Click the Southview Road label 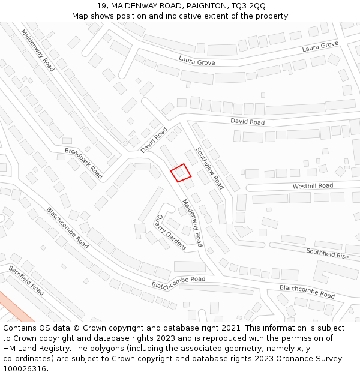(x=210, y=169)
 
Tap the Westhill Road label (x=313, y=186)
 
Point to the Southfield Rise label (x=327, y=253)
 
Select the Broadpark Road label (x=83, y=163)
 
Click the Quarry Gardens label (x=172, y=232)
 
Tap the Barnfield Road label (x=26, y=280)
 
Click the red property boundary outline (x=181, y=173)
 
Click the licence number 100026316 (x=25, y=368)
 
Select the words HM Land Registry (x=35, y=348)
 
